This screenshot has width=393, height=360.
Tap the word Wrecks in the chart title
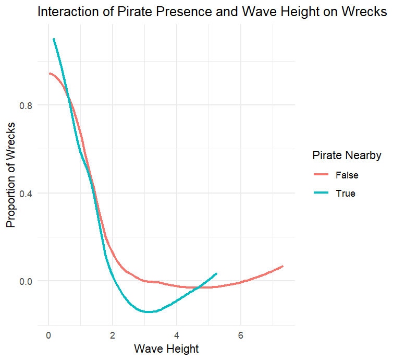(360, 13)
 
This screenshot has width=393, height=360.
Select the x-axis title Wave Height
(166, 348)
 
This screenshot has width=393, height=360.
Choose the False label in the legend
(347, 175)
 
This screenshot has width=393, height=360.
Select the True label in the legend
(346, 194)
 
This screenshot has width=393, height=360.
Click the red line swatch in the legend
(321, 175)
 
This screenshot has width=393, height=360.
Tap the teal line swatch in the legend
(321, 194)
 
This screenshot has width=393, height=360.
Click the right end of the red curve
(283, 266)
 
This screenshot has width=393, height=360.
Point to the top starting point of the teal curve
(53, 39)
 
